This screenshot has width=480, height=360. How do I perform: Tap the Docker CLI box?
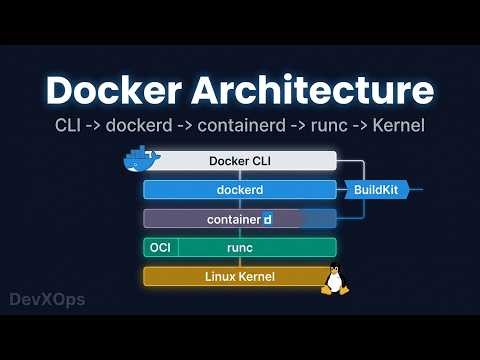[240, 161]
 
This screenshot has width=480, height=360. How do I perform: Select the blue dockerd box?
[239, 189]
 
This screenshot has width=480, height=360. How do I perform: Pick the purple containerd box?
[239, 218]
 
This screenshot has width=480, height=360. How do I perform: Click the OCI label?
[160, 247]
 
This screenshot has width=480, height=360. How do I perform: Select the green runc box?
[240, 247]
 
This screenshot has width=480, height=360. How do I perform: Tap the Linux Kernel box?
[239, 276]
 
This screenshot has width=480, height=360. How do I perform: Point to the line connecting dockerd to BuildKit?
[342, 189]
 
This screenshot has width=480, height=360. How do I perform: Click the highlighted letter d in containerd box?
[267, 218]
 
